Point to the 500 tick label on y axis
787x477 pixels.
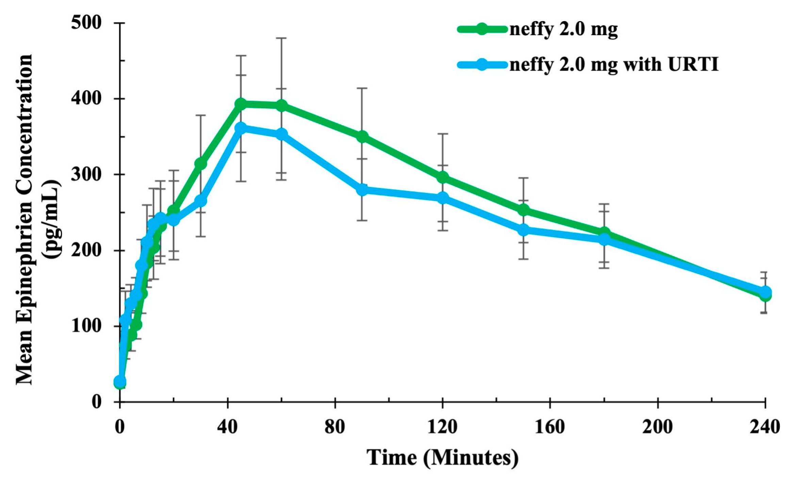pos(86,23)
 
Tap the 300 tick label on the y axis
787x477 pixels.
pos(86,174)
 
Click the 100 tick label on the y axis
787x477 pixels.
pos(86,326)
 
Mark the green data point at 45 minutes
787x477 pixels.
pos(241,104)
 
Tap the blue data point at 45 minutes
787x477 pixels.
pos(241,128)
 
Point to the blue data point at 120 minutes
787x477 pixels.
pos(443,198)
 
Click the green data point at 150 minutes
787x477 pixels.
pos(523,210)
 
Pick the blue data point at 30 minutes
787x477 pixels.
pos(200,201)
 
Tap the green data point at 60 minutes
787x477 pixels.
pos(281,106)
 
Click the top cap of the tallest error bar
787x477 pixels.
pos(281,38)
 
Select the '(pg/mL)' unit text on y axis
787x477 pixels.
pos(51,218)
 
